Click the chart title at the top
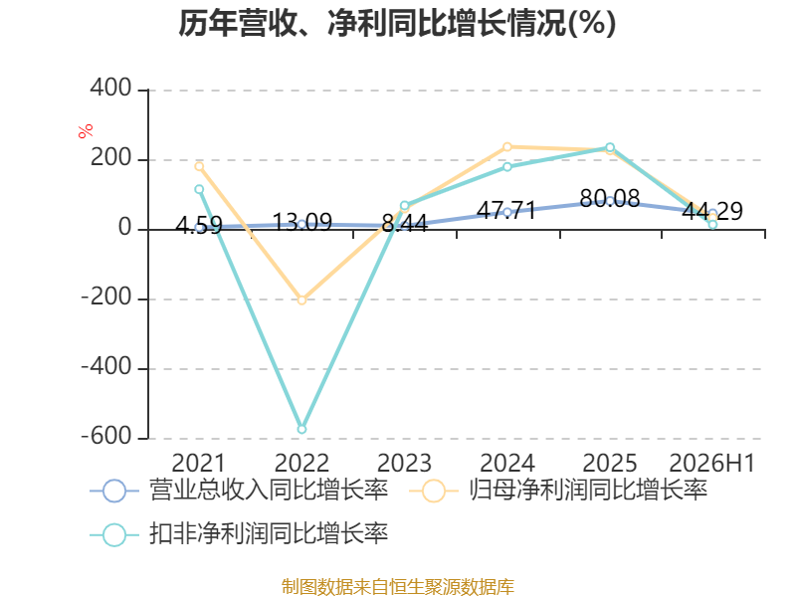pos(397,23)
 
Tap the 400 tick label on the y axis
pos(111,88)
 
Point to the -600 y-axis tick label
pos(107,436)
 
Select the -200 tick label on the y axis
pos(107,297)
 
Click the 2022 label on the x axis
pos(301,463)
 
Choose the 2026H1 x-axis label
pos(712,463)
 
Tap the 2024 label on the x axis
pos(507,463)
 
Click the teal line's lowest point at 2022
pos(301,430)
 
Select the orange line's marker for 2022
pos(301,300)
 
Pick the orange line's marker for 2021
pos(199,166)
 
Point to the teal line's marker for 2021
pos(199,189)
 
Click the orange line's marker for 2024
pos(507,147)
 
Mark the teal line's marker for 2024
pos(507,167)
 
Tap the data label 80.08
pos(609,198)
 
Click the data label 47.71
pos(506,210)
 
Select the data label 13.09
pos(302,222)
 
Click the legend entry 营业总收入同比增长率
pos(239,491)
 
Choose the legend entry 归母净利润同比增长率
pos(558,491)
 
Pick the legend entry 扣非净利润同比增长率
pos(239,534)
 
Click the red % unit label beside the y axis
pos(86,130)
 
